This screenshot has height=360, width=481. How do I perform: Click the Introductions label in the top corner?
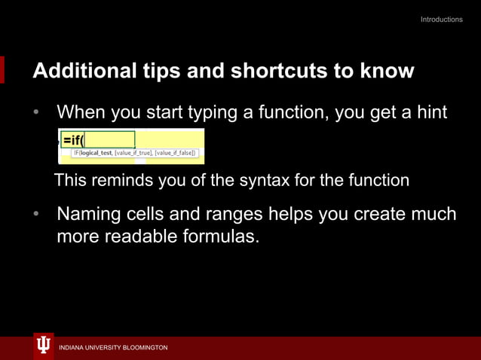point(441,20)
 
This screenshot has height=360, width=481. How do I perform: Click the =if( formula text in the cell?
point(74,140)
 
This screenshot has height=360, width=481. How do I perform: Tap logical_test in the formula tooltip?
point(97,153)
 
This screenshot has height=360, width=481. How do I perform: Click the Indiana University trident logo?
point(44,345)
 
